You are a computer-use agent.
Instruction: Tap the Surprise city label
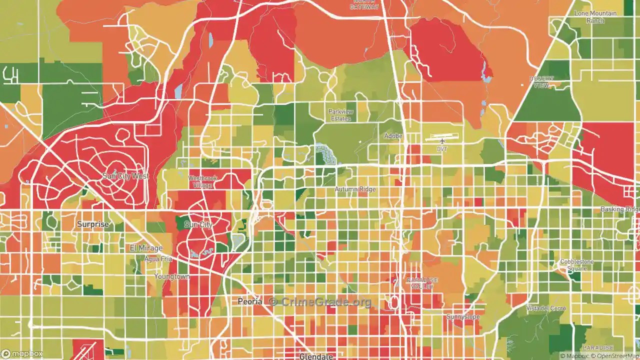point(92,224)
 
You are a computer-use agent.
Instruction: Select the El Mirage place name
point(146,248)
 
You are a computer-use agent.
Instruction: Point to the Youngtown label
point(171,276)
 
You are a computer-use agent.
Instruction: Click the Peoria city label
point(249,302)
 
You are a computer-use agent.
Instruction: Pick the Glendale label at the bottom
point(316,356)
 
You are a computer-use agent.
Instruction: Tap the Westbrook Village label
point(202,181)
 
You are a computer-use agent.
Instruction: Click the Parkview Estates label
point(340,115)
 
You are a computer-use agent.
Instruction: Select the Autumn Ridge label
point(355,189)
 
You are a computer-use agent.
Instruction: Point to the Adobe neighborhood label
point(393,136)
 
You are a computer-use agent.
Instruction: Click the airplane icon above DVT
point(442,141)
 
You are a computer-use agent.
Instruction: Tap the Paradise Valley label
point(422,283)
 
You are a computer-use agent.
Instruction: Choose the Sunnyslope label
point(463,317)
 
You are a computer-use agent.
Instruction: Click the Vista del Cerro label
point(546,308)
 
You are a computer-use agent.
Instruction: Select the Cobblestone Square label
point(576,265)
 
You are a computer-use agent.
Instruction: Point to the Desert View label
point(541,82)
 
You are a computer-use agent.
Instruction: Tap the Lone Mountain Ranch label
point(595,17)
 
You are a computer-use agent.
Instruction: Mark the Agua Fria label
point(158,259)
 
